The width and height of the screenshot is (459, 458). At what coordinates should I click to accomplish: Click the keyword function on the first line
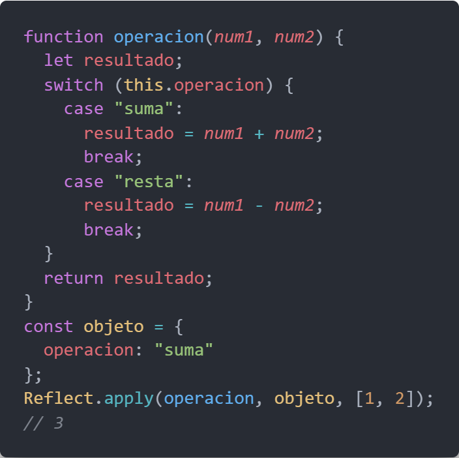[x=63, y=37]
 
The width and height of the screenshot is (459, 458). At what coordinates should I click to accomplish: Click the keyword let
[x=59, y=61]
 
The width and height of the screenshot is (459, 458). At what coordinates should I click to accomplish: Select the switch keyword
[x=73, y=85]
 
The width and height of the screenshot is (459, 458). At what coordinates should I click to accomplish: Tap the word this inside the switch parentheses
[x=143, y=85]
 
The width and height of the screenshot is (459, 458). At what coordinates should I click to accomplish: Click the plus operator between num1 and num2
[x=259, y=134]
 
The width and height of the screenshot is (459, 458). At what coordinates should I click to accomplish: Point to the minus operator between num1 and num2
[x=259, y=206]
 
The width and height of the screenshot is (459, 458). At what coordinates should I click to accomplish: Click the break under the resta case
[x=108, y=230]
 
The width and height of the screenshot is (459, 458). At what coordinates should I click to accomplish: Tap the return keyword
[x=73, y=278]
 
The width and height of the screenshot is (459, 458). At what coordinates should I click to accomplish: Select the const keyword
[x=48, y=326]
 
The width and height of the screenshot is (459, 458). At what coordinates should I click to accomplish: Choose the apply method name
[x=128, y=398]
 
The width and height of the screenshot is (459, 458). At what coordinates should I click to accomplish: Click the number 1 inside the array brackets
[x=369, y=398]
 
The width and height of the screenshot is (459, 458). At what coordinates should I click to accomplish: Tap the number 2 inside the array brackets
[x=399, y=398]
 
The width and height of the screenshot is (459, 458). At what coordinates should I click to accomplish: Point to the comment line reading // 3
[x=43, y=423]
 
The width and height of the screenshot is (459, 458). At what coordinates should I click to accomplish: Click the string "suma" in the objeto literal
[x=184, y=350]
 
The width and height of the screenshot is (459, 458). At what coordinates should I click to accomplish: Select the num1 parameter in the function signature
[x=233, y=37]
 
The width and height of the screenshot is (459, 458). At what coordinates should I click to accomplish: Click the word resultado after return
[x=158, y=278]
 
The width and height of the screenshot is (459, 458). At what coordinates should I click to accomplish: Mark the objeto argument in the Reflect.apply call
[x=304, y=398]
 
